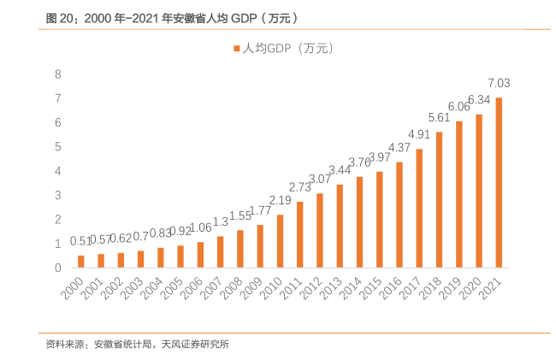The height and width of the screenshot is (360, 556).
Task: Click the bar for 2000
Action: (81, 262)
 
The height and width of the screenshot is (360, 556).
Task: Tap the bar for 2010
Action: (280, 241)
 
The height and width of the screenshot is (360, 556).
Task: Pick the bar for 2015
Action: (379, 220)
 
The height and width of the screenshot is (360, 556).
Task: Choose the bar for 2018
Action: (439, 200)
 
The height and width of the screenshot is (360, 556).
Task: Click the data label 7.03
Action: (499, 83)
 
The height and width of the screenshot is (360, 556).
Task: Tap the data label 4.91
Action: (419, 134)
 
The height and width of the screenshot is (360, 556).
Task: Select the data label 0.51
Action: (81, 241)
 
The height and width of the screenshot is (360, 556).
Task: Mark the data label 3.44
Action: (340, 170)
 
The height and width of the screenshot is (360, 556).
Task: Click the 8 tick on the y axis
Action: (58, 74)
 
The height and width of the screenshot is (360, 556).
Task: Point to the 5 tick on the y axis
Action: (58, 147)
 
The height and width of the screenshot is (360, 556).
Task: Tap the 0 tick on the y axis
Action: (58, 268)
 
